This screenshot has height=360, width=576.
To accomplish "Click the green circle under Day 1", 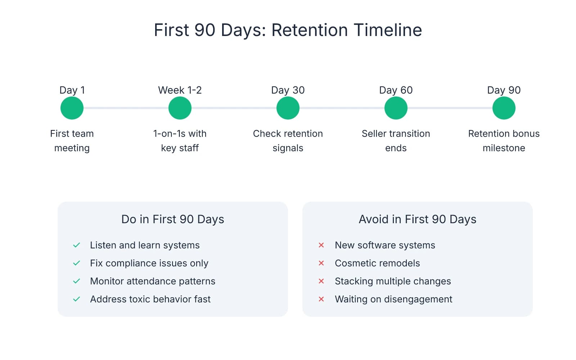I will click(72, 108).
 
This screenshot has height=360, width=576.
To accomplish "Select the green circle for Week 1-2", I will click(180, 108).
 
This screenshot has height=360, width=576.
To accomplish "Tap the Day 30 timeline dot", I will click(288, 108).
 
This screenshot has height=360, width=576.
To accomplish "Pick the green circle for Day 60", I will click(396, 108).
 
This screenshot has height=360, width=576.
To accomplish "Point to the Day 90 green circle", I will click(504, 108).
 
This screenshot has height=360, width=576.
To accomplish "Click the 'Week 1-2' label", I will click(180, 90).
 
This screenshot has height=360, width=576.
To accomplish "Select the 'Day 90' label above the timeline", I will click(504, 90).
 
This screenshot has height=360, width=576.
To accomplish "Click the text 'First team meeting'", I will click(72, 141).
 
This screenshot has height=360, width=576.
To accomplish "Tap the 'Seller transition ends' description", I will click(396, 141).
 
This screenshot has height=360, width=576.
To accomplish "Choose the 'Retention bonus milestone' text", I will click(504, 141).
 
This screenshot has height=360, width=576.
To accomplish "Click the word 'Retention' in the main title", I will click(310, 30).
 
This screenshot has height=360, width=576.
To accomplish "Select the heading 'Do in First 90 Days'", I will click(173, 219).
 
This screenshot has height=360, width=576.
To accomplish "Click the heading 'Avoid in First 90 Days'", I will click(418, 219).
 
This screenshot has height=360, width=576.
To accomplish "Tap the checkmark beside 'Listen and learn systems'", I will click(76, 245).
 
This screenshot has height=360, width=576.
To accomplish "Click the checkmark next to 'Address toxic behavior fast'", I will click(76, 299).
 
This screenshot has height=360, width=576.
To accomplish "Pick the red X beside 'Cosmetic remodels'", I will click(321, 263).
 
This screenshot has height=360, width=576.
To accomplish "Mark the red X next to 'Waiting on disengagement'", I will click(321, 299).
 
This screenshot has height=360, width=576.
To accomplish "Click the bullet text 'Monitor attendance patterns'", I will click(153, 281).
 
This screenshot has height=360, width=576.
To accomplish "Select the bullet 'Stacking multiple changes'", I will click(393, 281).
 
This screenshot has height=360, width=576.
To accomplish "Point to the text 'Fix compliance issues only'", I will click(149, 263).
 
